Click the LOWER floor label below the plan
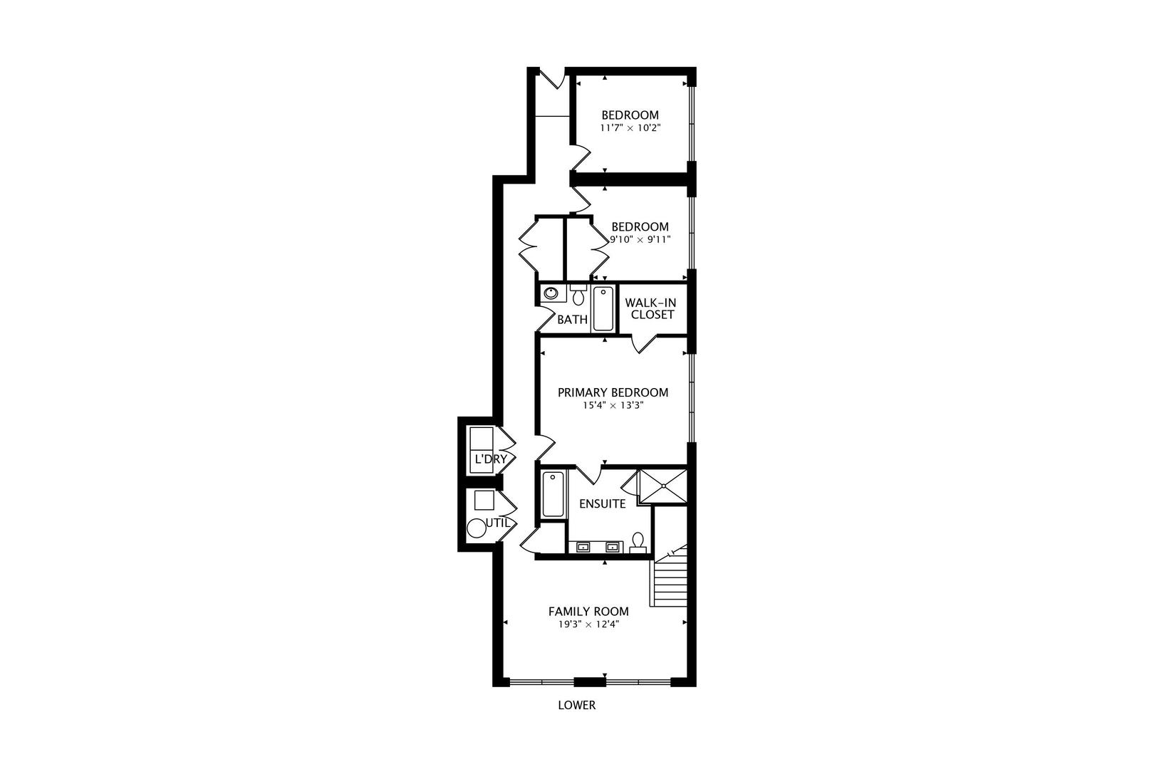point(576,706)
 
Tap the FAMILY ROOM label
point(588,611)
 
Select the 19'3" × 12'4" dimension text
point(588,625)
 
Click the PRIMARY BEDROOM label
point(613,392)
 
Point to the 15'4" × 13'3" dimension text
point(613,406)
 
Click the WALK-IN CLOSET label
point(652,308)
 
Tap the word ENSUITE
point(602,504)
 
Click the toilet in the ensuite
point(638,543)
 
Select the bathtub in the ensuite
point(553,494)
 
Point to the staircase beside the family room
point(670,580)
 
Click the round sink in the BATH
point(551,293)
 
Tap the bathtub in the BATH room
point(603,308)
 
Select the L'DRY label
point(490,459)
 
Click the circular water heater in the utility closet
point(476,528)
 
